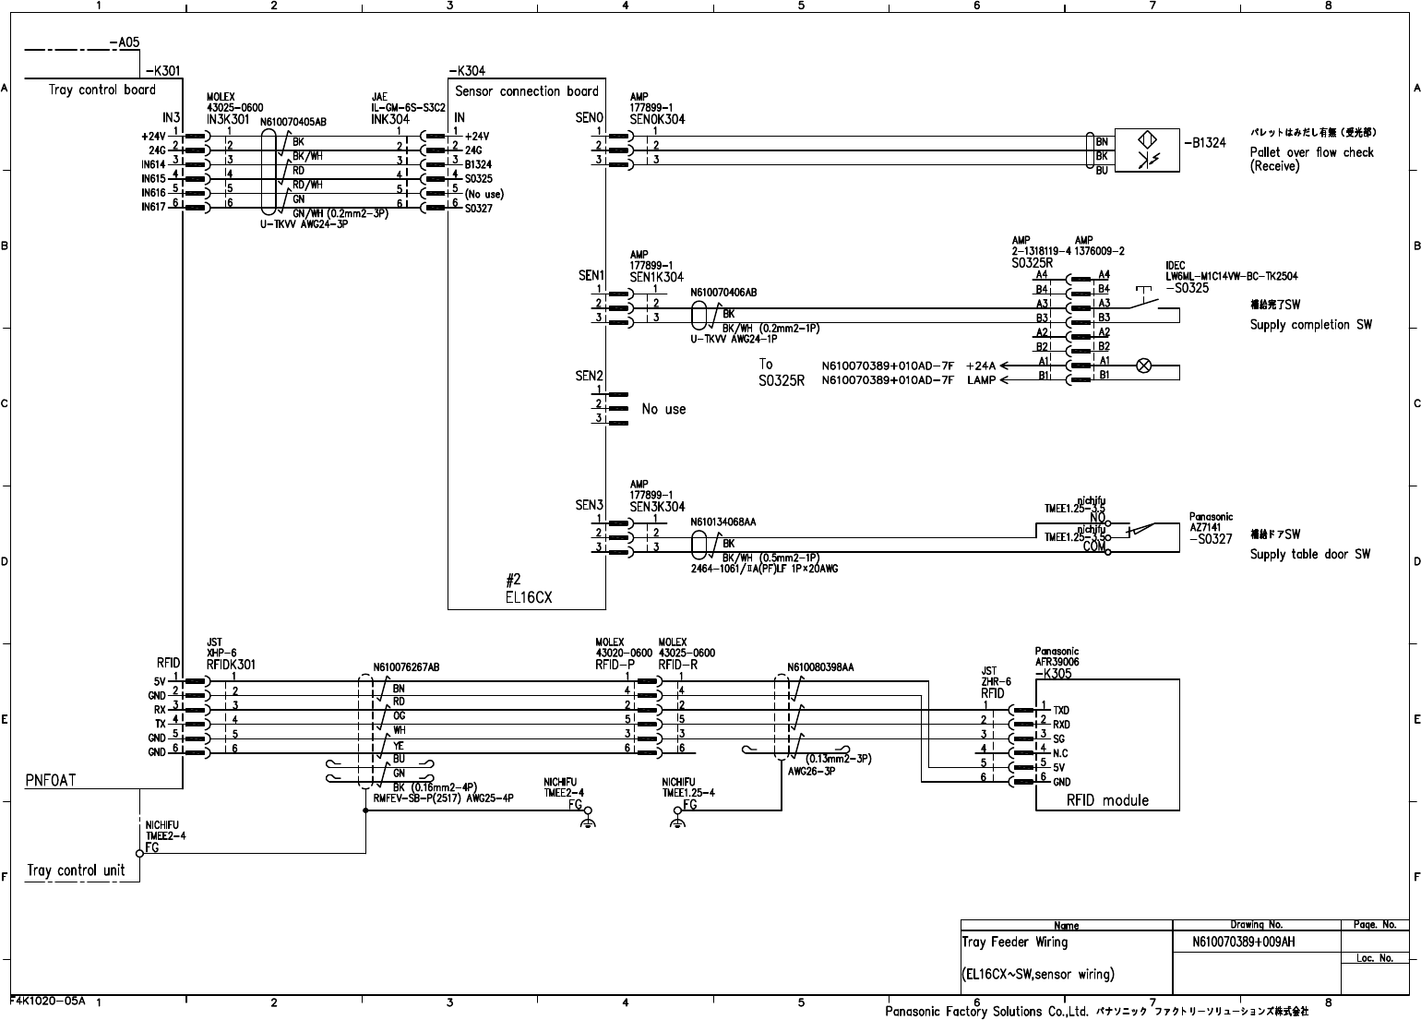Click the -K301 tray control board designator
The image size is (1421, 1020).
(162, 70)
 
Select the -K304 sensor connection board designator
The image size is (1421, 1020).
(467, 71)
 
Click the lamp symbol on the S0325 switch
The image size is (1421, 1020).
(1143, 366)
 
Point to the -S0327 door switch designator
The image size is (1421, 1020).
(1211, 539)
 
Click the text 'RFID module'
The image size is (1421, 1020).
(1107, 799)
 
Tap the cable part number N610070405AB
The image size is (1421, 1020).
(293, 121)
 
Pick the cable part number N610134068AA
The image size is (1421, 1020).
(723, 522)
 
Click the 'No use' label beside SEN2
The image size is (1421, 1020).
(663, 409)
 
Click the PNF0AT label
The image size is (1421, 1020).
(51, 780)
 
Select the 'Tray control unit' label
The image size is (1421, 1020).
(76, 870)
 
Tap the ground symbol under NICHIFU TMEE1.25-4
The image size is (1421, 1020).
(677, 820)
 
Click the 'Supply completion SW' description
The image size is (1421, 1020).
(1310, 325)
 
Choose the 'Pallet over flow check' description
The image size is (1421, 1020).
(1311, 152)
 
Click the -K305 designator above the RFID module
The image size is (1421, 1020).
(1054, 673)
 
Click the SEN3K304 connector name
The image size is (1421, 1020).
(657, 506)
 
